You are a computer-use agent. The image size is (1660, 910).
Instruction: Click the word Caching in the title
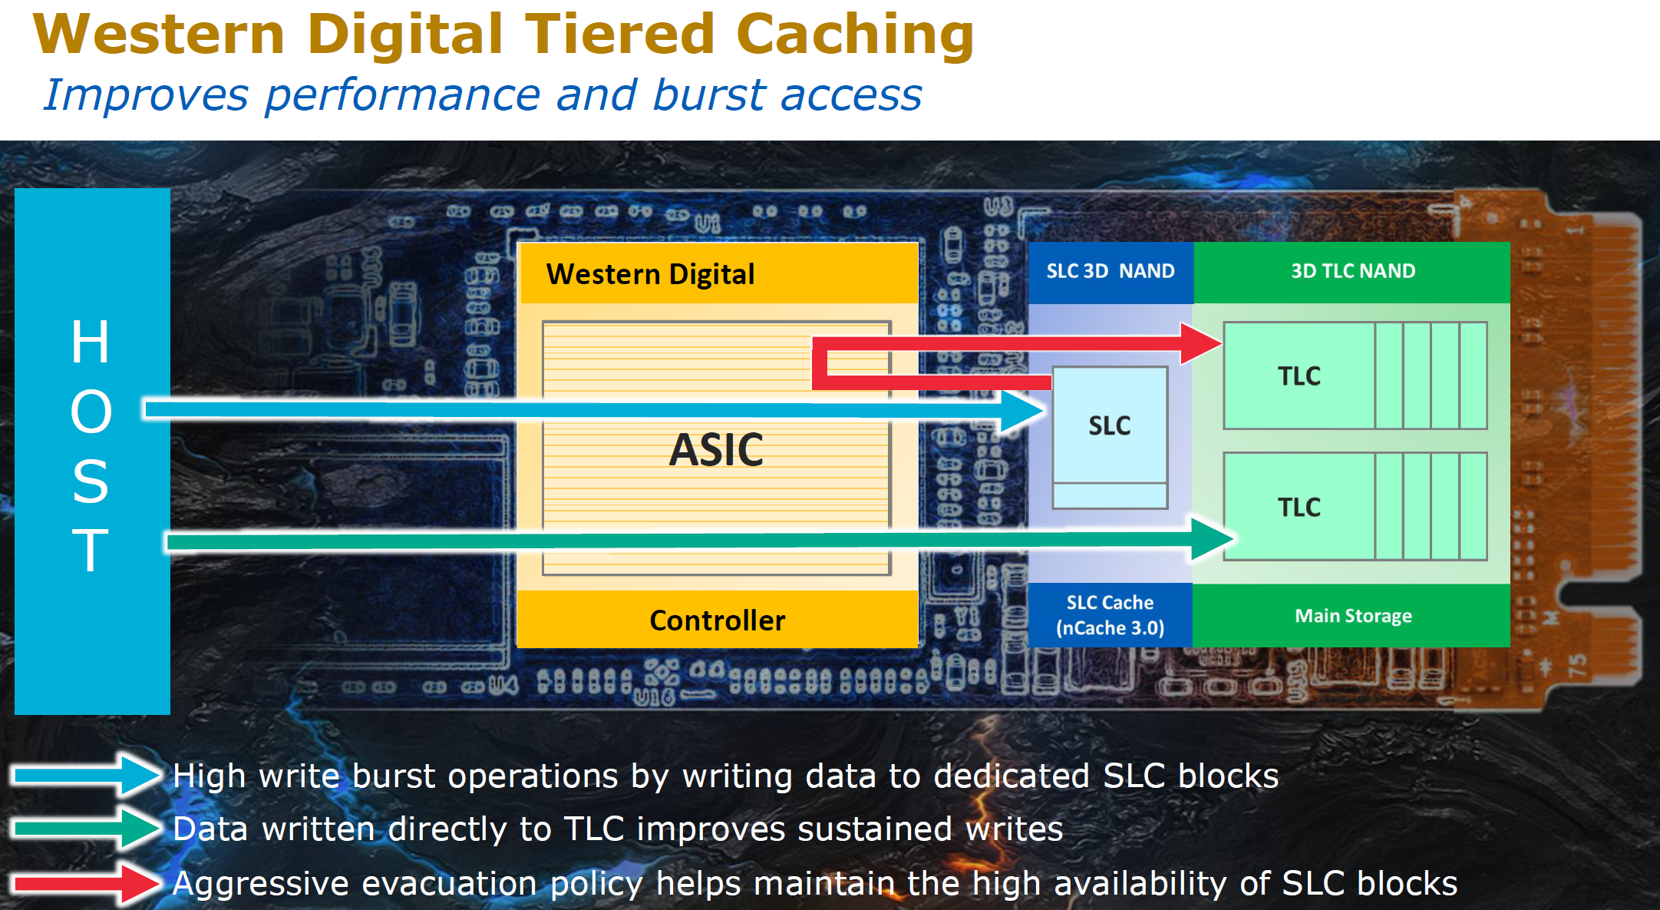pyautogui.click(x=854, y=35)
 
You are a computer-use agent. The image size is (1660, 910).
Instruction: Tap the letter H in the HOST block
pyautogui.click(x=91, y=342)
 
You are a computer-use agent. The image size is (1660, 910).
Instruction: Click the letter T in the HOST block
pyautogui.click(x=91, y=551)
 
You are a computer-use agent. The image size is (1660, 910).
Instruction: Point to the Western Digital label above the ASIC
pyautogui.click(x=650, y=274)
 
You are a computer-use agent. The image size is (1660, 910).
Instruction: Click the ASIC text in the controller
pyautogui.click(x=716, y=450)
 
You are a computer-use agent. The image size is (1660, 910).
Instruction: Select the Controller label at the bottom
pyautogui.click(x=717, y=620)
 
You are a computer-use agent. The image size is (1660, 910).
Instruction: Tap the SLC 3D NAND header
pyautogui.click(x=1110, y=271)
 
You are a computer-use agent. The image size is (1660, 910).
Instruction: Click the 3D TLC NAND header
pyautogui.click(x=1352, y=271)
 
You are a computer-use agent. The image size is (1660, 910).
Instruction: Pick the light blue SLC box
pyautogui.click(x=1110, y=426)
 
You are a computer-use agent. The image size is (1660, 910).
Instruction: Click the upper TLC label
pyautogui.click(x=1299, y=376)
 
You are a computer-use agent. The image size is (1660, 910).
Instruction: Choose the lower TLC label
pyautogui.click(x=1299, y=508)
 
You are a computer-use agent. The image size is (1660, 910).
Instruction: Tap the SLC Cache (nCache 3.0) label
pyautogui.click(x=1110, y=615)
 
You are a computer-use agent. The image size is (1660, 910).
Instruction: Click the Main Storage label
pyautogui.click(x=1352, y=616)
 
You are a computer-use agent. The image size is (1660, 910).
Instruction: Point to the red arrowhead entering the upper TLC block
pyautogui.click(x=1200, y=342)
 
